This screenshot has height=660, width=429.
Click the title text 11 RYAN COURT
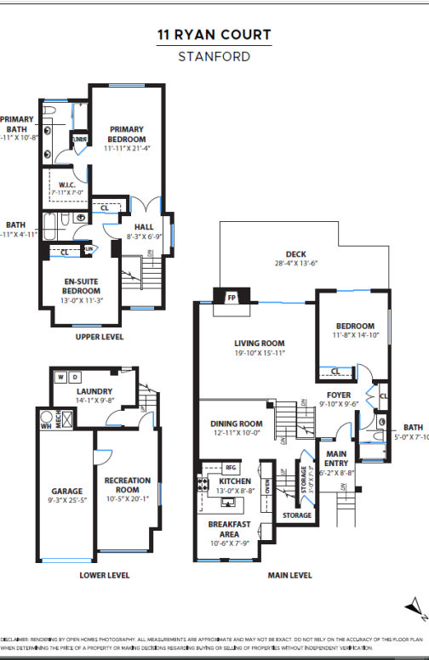[214, 35]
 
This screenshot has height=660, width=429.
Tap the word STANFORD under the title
[214, 57]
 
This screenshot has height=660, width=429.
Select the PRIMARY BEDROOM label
[127, 134]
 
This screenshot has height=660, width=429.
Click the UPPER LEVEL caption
[100, 337]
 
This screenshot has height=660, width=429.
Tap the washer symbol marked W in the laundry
[60, 377]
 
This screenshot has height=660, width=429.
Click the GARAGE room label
[66, 491]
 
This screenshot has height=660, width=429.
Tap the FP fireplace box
[231, 299]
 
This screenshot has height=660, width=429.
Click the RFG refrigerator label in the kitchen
[230, 467]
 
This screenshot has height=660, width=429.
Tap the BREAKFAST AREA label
[229, 528]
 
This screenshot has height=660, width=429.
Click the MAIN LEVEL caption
[289, 575]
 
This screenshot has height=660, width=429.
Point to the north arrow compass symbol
[415, 606]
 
